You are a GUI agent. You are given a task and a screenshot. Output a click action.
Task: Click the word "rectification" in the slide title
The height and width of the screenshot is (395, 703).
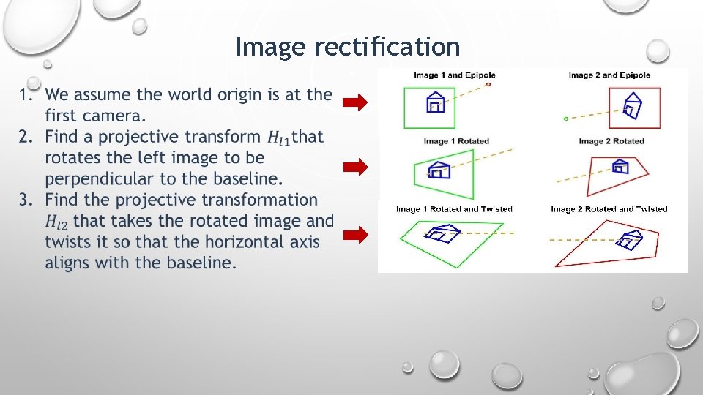[387, 47]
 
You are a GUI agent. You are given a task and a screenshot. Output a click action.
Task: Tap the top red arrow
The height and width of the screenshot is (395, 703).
[355, 103]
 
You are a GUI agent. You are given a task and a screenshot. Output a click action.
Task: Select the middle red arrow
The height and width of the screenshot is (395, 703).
[355, 168]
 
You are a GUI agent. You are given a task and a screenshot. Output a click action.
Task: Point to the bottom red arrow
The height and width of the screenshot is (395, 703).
[355, 235]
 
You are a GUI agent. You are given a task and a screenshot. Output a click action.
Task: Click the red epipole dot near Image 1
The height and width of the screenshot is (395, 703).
[488, 84]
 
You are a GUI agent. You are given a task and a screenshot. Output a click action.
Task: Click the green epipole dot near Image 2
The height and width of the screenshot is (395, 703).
[566, 118]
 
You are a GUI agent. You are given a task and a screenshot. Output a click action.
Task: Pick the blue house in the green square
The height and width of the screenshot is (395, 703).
[435, 102]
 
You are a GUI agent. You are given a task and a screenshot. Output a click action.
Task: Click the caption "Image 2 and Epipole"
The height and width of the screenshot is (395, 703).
[609, 75]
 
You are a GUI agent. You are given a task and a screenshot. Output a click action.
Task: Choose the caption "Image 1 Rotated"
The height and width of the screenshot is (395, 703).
[455, 141]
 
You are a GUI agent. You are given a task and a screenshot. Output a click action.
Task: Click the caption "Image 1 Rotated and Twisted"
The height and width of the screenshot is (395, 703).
[454, 209]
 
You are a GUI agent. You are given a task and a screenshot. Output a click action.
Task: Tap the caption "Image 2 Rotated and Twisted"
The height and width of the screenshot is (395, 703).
[609, 209]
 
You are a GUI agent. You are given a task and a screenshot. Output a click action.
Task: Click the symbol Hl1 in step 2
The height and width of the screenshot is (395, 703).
[278, 138]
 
